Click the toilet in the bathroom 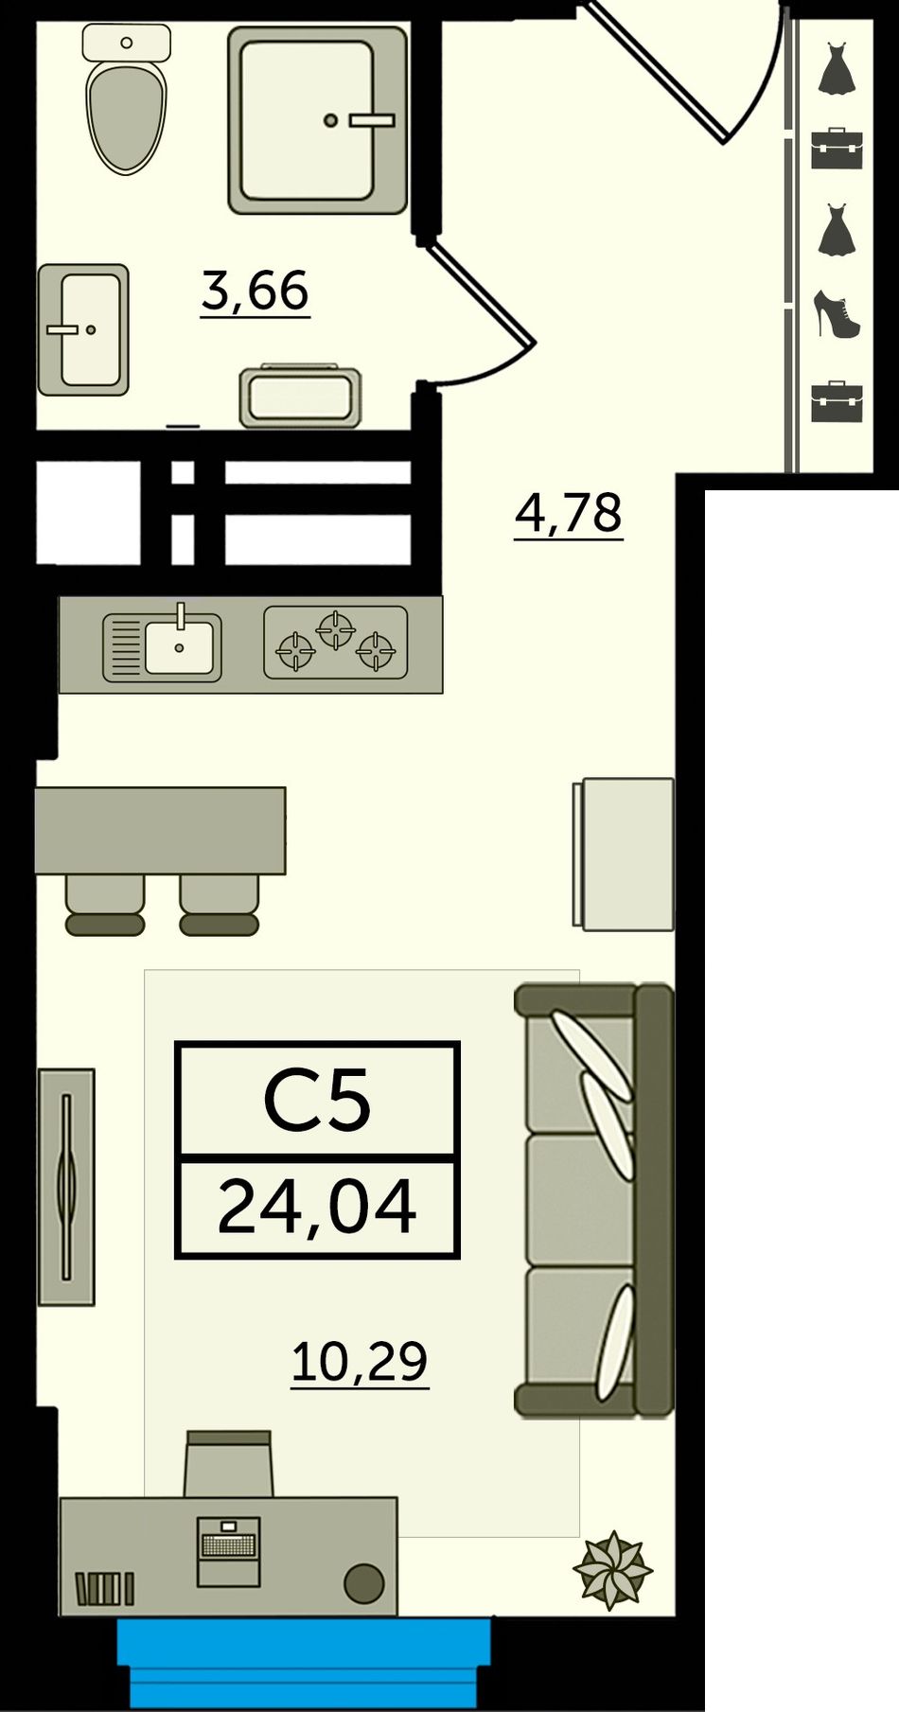(126, 98)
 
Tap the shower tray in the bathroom (318, 119)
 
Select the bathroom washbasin (83, 329)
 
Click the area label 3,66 (256, 291)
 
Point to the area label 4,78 (569, 514)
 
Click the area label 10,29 (360, 1363)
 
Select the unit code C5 (317, 1100)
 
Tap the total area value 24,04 (317, 1207)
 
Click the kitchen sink (162, 645)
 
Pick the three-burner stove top (335, 643)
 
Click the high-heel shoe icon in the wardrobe (837, 315)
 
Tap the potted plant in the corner (613, 1570)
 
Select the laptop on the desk (228, 1551)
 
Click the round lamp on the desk (364, 1582)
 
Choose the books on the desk (104, 1588)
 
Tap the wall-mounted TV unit (66, 1187)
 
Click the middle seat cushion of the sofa (579, 1201)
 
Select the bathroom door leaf (482, 291)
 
